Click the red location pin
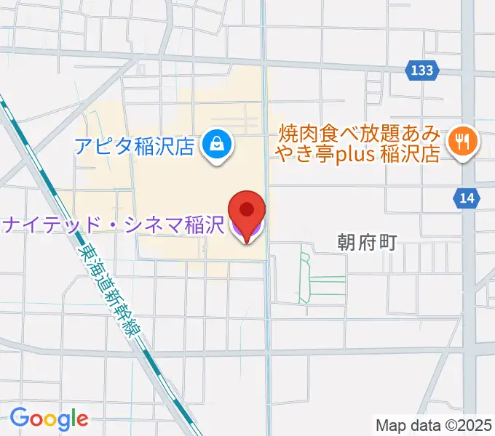[x=247, y=211]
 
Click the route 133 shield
[x=421, y=70]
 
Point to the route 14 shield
[x=466, y=197]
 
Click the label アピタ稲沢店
[x=135, y=147]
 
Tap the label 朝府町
[x=367, y=243]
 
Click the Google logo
[x=49, y=419]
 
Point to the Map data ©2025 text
[x=432, y=424]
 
